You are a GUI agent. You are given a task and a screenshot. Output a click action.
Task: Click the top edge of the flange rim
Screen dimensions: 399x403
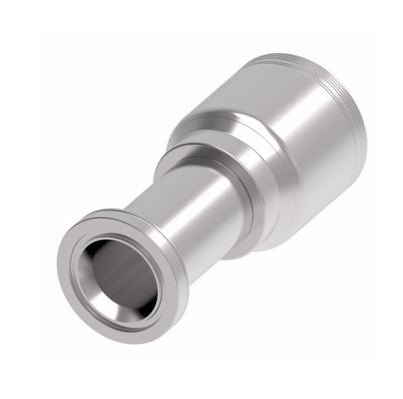pos(105,212)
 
